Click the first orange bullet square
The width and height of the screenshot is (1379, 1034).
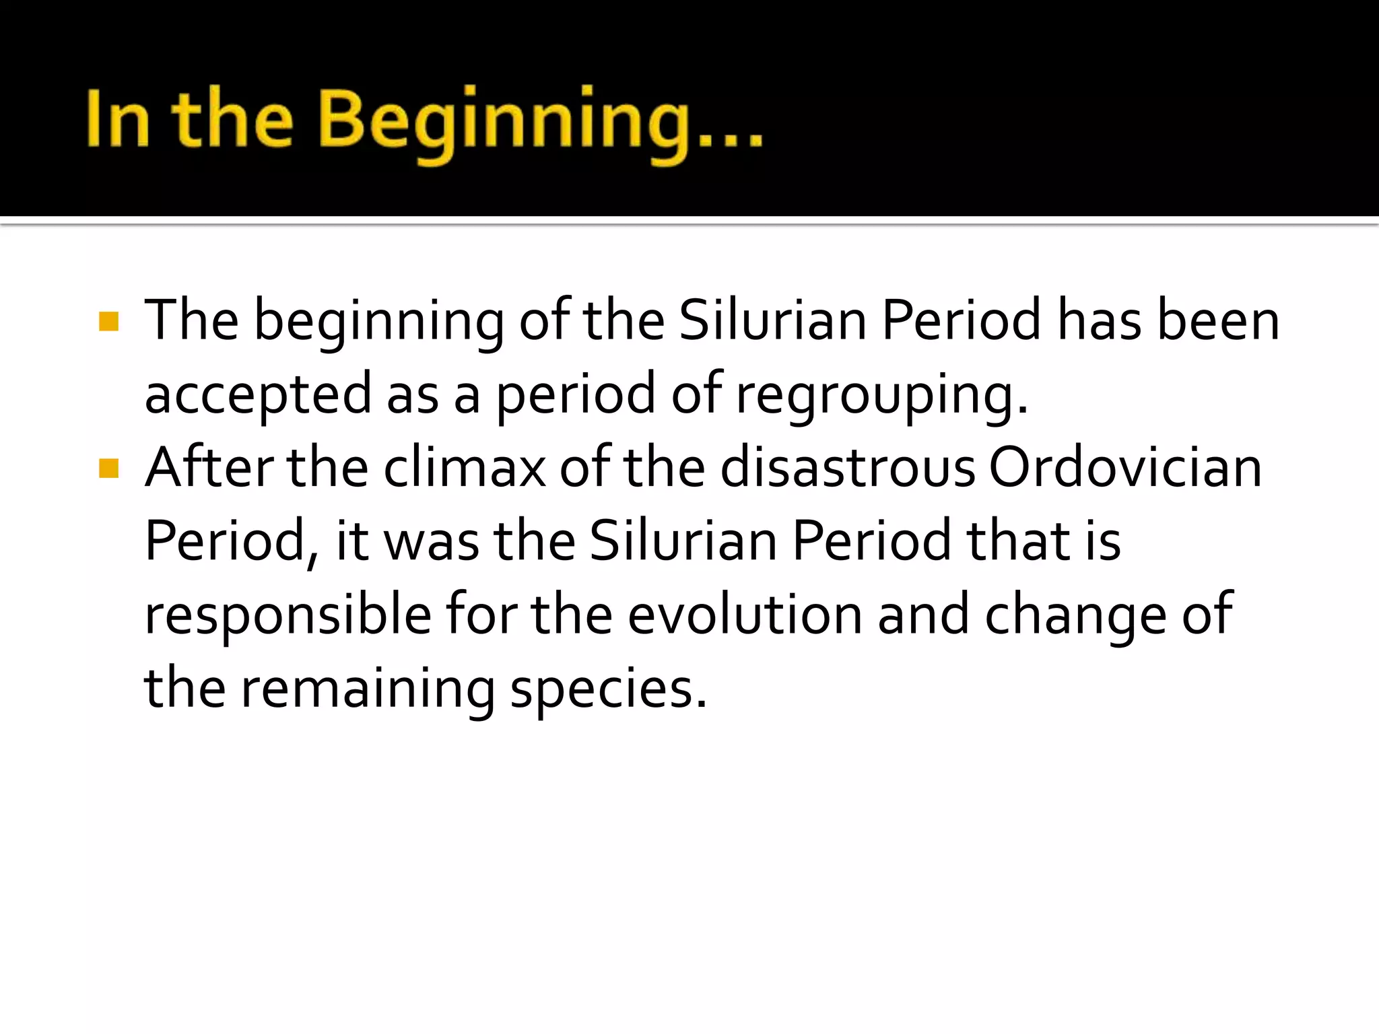click(108, 321)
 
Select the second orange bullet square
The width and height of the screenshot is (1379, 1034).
click(108, 468)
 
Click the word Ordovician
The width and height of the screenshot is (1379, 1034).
click(1124, 468)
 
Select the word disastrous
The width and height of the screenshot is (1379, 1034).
click(847, 468)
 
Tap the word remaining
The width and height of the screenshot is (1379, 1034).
click(368, 690)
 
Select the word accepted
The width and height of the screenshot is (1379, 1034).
click(258, 396)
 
